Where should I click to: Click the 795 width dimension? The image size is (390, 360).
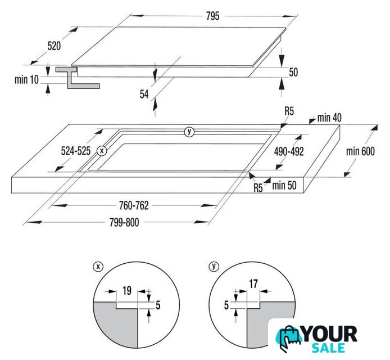[x=212, y=16]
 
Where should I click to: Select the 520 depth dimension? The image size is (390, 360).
[x=54, y=46]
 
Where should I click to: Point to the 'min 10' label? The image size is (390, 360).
[x=26, y=80]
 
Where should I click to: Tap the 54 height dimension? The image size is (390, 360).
[x=144, y=94]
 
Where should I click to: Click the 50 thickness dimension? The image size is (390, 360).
[x=293, y=72]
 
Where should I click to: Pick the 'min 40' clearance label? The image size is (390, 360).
[x=329, y=118]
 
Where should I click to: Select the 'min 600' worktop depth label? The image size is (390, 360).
[x=360, y=151]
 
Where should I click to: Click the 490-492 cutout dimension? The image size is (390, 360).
[x=289, y=151]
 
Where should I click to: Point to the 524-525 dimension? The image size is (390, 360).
[x=76, y=151]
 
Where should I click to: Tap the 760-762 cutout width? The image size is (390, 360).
[x=134, y=206]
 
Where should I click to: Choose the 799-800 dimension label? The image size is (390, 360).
[x=124, y=222]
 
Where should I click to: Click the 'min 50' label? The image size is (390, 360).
[x=284, y=186]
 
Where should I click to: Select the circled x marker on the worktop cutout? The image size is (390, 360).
[x=102, y=151]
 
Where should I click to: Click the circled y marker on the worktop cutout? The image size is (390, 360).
[x=189, y=132]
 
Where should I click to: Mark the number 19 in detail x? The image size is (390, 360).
[x=127, y=291]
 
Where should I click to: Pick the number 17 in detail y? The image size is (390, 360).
[x=253, y=284]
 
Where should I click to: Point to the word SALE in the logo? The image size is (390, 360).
[x=328, y=348]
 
